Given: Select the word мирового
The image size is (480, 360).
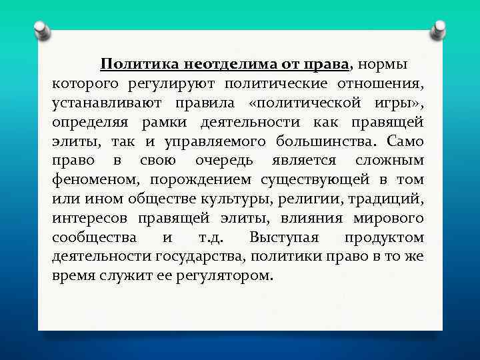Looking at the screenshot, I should [389, 219].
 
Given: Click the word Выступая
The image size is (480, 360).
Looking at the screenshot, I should [283, 238].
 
